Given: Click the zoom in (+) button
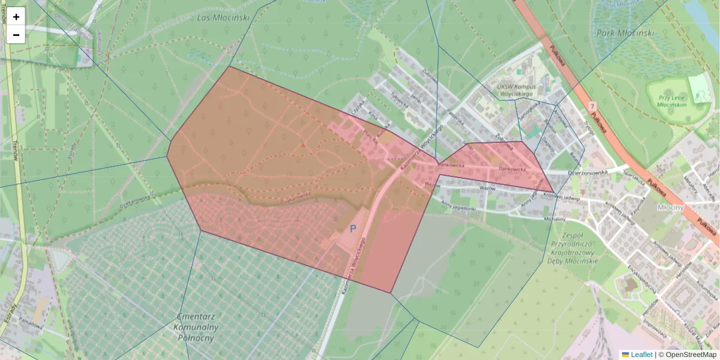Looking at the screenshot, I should click(x=16, y=17).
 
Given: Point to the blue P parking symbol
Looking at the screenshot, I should click(x=353, y=229).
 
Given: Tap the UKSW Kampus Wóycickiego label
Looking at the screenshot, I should click(x=515, y=90).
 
